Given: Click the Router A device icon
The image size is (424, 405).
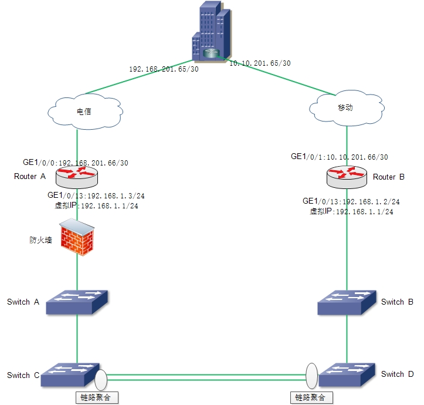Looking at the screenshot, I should click(x=77, y=174).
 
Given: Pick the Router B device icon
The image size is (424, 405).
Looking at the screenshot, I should click(x=347, y=176).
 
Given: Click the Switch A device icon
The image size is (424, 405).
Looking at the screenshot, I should click(x=77, y=302).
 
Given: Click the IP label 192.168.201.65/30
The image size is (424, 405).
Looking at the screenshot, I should click(x=164, y=69).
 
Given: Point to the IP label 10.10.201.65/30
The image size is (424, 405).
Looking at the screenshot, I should click(x=260, y=63).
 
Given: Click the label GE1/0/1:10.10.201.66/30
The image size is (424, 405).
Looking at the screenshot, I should click(x=340, y=157).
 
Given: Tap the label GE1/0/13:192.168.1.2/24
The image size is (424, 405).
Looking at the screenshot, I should click(x=351, y=201).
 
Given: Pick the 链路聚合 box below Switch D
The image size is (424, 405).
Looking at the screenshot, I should click(x=311, y=397).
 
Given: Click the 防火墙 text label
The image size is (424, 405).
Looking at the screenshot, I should click(x=41, y=239).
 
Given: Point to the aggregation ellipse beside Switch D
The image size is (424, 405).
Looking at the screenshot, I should click(x=311, y=374).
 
